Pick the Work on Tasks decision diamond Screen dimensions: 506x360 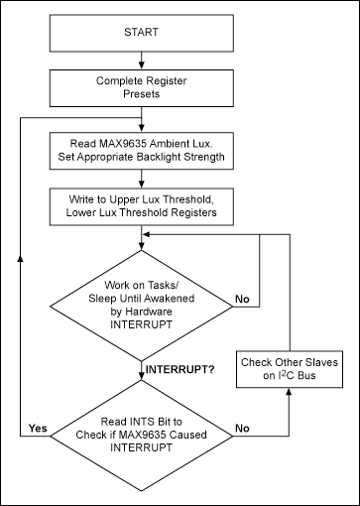(x=144, y=295)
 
